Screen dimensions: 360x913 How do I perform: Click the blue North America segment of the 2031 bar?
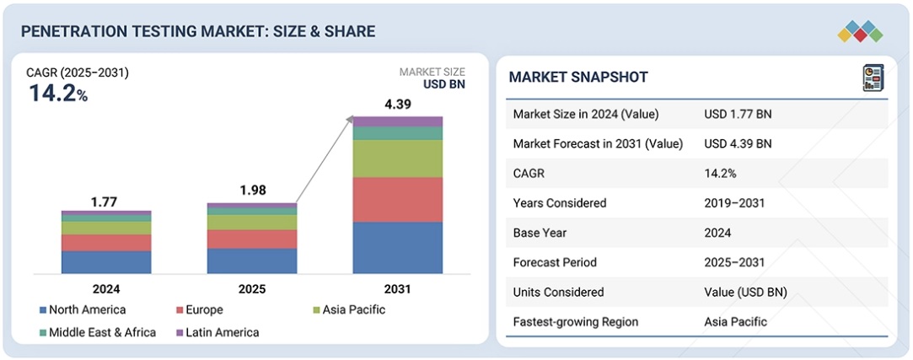397,248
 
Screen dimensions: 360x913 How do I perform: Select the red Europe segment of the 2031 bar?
397,200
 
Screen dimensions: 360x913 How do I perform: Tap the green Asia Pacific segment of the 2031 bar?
397,159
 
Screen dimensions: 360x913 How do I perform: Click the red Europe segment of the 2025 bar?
251,239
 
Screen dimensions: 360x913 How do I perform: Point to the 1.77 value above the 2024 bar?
105,201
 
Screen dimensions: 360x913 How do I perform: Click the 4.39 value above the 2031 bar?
398,105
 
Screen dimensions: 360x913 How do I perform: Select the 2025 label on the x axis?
251,289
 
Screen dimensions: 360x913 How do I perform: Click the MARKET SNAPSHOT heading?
578,78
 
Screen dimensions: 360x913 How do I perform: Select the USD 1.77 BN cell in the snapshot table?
738,114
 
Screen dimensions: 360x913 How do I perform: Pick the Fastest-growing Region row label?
576,321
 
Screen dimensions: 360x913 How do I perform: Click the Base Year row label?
541,233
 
